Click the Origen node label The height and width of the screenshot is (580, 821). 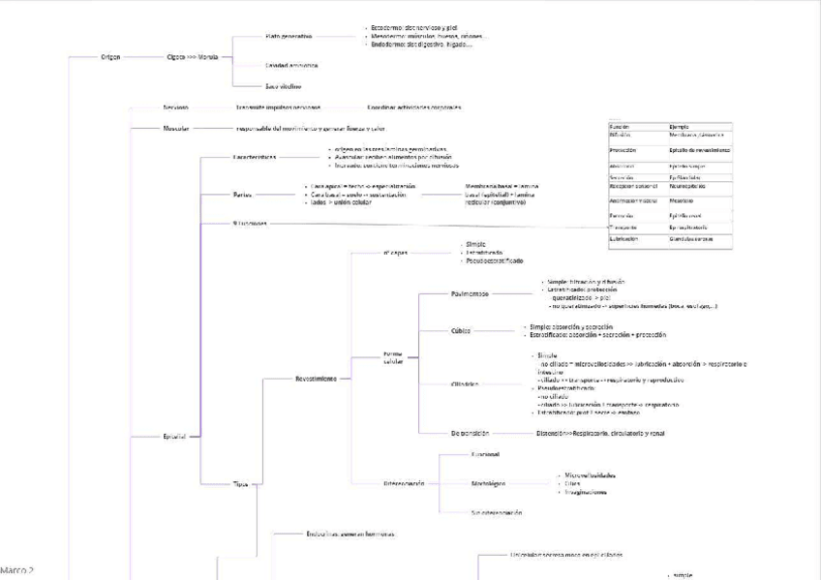click(x=110, y=57)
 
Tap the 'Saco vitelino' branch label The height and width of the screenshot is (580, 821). click(x=284, y=86)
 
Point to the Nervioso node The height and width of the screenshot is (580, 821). click(x=175, y=107)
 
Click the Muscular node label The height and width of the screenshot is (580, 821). click(x=175, y=128)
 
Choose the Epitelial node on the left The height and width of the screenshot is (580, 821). click(x=174, y=437)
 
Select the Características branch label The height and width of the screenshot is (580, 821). click(x=255, y=157)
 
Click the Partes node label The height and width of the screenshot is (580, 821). click(x=242, y=194)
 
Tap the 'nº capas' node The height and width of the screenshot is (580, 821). click(x=395, y=253)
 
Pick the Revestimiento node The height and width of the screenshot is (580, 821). click(x=316, y=379)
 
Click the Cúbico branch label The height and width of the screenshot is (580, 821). click(x=461, y=331)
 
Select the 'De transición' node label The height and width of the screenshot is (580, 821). click(x=470, y=433)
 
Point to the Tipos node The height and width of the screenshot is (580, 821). click(x=240, y=483)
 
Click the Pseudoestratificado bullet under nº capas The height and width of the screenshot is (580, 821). click(x=495, y=261)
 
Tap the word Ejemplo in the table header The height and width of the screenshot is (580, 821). click(x=679, y=127)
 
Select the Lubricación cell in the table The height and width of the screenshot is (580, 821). click(x=623, y=238)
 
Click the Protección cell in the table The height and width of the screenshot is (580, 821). click(x=623, y=151)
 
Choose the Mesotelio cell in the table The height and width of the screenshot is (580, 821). click(x=683, y=201)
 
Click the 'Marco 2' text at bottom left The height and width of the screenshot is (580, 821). click(x=16, y=571)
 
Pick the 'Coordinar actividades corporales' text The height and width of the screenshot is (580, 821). click(x=413, y=107)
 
